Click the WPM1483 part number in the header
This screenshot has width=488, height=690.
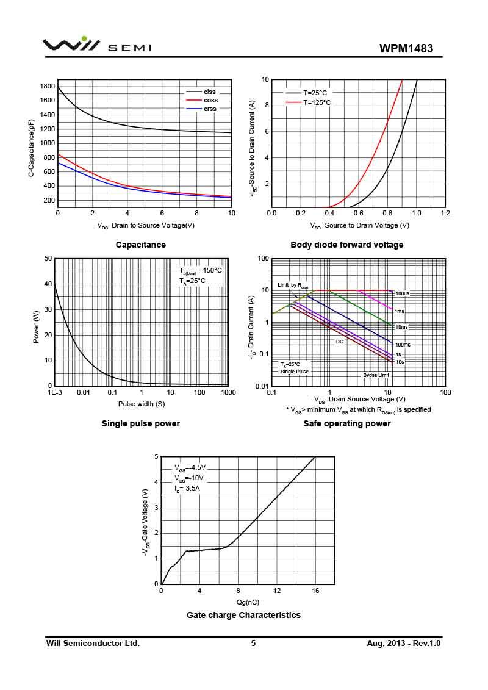coord(406,48)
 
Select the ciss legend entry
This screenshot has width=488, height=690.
coord(210,92)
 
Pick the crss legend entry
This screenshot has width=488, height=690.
coord(210,109)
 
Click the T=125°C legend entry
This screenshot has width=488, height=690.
coord(317,102)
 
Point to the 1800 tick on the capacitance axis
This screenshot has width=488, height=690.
coord(47,86)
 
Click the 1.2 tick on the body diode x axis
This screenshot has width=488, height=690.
coord(445,213)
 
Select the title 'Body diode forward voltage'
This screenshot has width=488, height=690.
coord(346,245)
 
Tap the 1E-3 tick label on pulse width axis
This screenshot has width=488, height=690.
coord(55,392)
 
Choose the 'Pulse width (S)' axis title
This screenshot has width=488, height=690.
coord(142,403)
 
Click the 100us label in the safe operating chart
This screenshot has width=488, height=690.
coord(402,294)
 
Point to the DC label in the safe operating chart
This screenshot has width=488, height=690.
coord(340,342)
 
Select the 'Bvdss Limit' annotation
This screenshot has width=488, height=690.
coord(376,375)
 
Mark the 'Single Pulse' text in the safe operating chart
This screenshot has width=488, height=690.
coord(295,372)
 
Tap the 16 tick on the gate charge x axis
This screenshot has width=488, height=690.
coord(315,591)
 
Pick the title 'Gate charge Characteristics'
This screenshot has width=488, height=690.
coord(243,615)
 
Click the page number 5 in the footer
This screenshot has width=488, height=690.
coord(253,643)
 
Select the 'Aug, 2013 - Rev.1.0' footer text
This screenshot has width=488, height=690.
coord(403,643)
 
